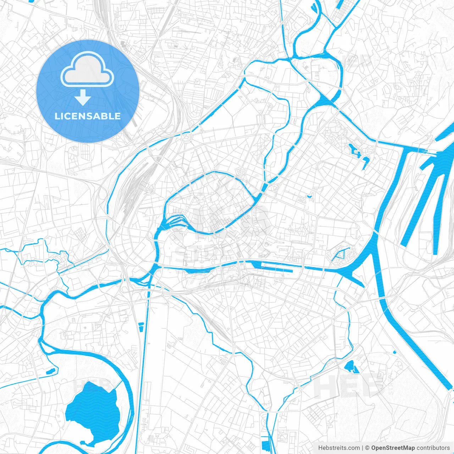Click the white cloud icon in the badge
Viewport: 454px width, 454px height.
[87, 70]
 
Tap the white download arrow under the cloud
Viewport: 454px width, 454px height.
[83, 98]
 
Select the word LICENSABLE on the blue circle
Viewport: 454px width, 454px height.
[88, 116]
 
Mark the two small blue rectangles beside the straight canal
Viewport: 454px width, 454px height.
[141, 327]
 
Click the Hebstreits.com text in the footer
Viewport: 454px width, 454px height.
[339, 448]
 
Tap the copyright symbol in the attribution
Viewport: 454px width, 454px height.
[367, 448]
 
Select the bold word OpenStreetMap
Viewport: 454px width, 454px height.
[393, 448]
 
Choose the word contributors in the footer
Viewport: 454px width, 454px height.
[433, 448]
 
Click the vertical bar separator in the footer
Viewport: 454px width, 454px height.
[362, 448]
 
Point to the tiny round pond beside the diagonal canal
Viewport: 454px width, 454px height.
[395, 352]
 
